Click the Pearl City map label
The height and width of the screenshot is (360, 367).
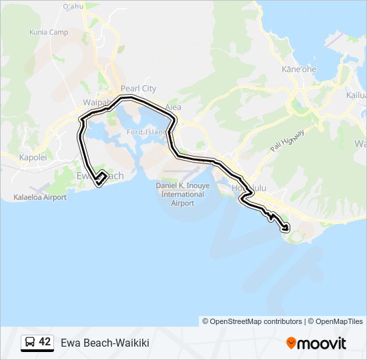(x=138, y=89)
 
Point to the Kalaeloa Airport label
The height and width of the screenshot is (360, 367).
(x=40, y=197)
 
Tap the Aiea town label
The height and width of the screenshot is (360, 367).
(x=173, y=107)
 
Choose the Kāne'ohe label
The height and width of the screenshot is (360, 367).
(x=299, y=69)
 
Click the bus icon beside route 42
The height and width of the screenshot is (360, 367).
(x=30, y=343)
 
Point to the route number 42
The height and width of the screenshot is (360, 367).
(x=45, y=342)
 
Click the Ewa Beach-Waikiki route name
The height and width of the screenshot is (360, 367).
(x=105, y=343)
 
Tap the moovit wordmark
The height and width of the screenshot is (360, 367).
(x=322, y=343)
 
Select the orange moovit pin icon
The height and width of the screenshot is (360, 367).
(x=291, y=343)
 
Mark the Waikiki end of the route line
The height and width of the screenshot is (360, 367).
(x=288, y=229)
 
